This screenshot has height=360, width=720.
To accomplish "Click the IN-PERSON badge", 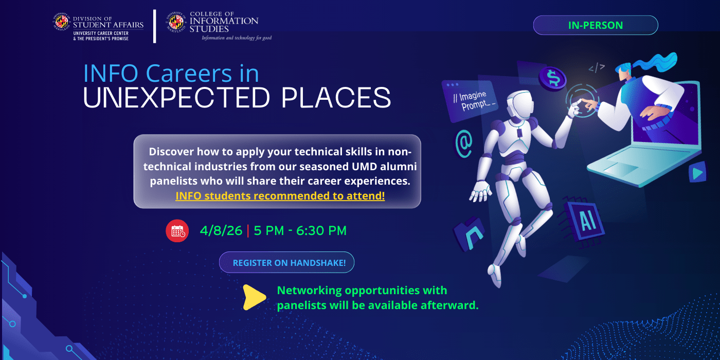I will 595,25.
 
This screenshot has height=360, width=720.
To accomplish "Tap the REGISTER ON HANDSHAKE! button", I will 286,262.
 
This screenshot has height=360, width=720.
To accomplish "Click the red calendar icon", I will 177,231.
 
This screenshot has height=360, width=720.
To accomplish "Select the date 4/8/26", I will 221,231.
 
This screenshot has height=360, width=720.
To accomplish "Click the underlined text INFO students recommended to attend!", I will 280,196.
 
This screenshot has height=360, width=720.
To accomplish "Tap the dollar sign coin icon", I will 553,79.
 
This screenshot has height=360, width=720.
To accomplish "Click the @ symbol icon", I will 464,143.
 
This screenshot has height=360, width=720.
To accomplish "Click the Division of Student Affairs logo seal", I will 62,22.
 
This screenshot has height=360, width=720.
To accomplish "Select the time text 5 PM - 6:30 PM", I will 300,231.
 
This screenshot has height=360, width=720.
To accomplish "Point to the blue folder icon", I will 469,232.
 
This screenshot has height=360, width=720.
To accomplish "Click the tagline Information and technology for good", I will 236,38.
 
